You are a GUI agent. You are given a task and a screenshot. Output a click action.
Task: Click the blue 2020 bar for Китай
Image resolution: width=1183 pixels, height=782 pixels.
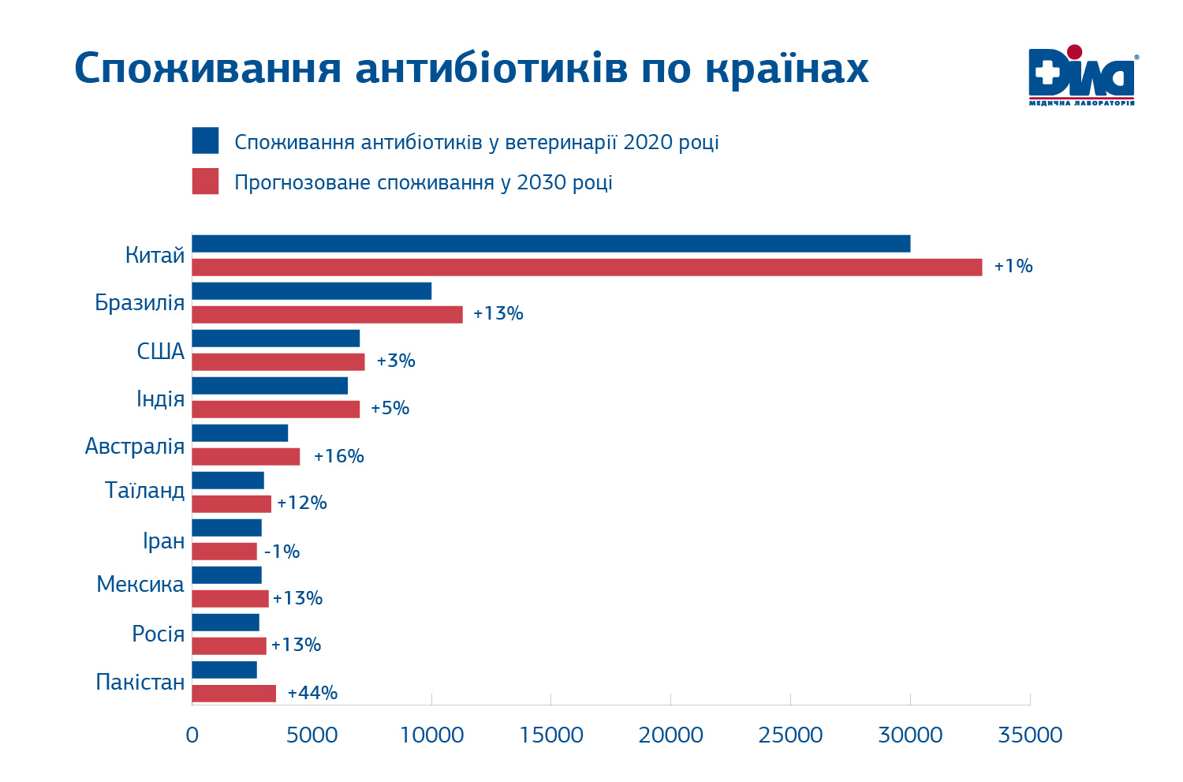coord(550,243)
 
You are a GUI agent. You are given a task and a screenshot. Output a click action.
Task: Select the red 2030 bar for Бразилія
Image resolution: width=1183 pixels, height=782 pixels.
coord(327,314)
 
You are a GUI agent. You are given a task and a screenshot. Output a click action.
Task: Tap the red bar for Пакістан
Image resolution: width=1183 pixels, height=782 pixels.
coord(233,694)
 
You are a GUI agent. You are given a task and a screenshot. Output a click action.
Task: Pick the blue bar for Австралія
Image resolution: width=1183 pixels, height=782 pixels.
coord(240,433)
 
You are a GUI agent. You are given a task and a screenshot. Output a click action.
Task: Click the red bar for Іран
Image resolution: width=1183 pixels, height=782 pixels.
coord(224,552)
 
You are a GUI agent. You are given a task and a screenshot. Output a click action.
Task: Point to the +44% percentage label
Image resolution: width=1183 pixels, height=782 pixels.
coord(312,694)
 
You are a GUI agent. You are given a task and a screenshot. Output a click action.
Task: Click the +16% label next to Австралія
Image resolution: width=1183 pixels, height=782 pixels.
coord(338,456)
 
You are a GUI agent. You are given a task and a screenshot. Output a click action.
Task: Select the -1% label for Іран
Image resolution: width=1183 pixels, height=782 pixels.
coord(282,552)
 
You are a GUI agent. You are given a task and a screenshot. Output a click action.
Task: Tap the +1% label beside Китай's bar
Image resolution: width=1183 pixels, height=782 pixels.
coord(1013,267)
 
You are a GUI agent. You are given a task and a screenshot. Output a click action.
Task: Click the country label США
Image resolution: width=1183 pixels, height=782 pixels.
coord(161,351)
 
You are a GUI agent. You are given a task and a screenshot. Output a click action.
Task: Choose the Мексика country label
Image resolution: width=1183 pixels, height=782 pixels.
coord(140,584)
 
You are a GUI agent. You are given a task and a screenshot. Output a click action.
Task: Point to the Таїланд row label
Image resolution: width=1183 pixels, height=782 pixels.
coord(145,490)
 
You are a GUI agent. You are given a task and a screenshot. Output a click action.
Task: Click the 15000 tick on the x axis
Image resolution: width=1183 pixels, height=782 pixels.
coord(551,735)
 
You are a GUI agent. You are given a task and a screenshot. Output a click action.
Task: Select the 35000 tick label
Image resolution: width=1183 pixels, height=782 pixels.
coord(1030,735)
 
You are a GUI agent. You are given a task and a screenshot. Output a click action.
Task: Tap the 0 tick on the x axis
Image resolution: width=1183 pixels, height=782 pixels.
coord(192,735)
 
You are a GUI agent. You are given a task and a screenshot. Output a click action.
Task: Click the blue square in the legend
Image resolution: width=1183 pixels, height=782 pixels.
coord(205,140)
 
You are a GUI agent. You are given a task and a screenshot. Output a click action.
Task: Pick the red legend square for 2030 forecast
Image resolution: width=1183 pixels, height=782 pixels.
coord(205,181)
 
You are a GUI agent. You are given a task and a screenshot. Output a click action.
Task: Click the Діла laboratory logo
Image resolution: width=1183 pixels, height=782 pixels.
coord(1082,76)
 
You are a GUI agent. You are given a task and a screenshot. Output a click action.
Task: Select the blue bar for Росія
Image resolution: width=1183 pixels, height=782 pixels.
coord(226,623)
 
